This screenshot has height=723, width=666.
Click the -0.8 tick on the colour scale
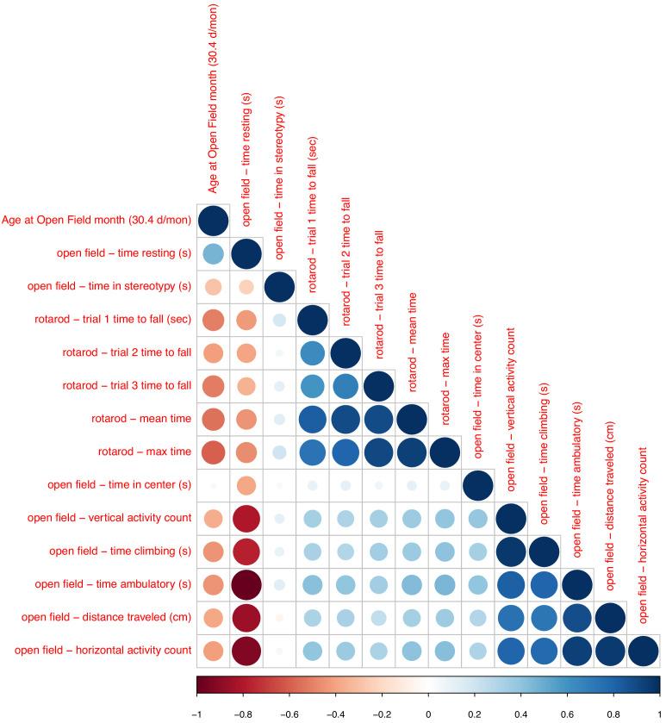[x=243, y=714]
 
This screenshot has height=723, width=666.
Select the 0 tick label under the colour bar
[x=428, y=714]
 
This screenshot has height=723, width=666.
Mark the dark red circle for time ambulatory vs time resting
[x=246, y=584]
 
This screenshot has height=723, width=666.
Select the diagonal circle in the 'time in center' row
[x=477, y=485]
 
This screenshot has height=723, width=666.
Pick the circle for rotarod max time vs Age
[x=213, y=452]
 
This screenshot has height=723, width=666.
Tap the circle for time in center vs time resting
[x=246, y=485]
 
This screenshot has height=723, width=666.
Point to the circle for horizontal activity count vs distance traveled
[x=610, y=651]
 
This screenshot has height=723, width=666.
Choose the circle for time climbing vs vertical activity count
[x=511, y=552]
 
